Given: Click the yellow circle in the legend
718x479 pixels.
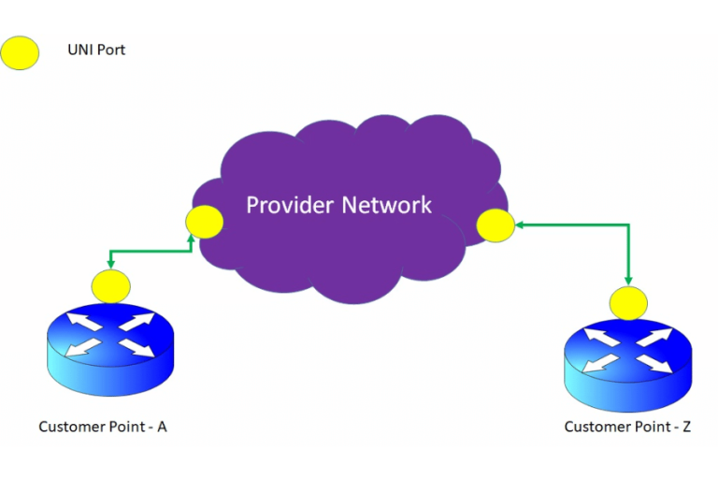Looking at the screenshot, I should (20, 53).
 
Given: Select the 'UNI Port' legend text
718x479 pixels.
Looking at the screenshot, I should (95, 50).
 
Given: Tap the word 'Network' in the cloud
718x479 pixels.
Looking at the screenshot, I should (386, 204).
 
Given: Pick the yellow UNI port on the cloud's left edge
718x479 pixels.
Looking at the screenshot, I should (204, 222).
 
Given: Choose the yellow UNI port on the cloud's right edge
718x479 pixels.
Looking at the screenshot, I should (495, 225).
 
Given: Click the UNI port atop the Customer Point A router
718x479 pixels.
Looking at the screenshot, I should (111, 285).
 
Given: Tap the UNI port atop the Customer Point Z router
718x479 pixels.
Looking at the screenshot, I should (628, 303).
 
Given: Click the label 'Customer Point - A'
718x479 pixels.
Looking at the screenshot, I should (103, 427).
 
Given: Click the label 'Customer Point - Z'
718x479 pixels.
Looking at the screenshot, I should (627, 427).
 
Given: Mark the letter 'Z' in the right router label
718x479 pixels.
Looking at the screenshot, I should (687, 427).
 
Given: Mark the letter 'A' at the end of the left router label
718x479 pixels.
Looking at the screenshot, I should (162, 427).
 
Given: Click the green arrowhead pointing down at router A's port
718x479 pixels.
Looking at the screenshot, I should (111, 265).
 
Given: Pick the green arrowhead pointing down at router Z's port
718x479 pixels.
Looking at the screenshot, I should (628, 282).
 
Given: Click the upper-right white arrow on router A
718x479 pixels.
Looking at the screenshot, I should (137, 323).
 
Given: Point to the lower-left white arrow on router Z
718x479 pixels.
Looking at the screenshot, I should (599, 363).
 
